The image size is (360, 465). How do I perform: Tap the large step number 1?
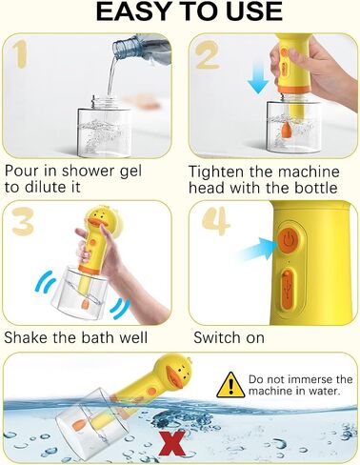20,55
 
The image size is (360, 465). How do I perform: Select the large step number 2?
207,55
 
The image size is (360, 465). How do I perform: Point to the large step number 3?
23,221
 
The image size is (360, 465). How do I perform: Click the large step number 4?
216,221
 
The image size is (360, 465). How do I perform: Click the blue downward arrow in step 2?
259,78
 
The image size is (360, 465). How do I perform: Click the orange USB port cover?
288,290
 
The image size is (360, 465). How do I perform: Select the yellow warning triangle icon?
230,385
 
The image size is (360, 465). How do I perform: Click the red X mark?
173,443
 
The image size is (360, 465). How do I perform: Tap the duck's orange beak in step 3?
97,224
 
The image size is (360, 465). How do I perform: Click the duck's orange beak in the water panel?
173,377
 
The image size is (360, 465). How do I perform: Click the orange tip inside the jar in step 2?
285,131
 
